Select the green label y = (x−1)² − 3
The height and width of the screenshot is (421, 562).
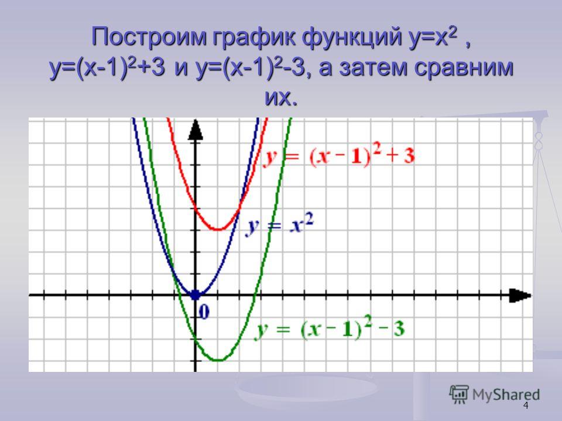(x=330, y=328)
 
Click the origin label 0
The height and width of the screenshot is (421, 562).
(x=204, y=312)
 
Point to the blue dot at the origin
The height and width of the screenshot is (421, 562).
(x=195, y=295)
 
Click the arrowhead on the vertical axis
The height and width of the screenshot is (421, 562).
(x=196, y=129)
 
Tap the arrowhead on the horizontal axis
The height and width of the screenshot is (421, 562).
(x=520, y=295)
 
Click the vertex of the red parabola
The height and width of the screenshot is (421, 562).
(x=217, y=229)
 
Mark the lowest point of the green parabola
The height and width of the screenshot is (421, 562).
(x=217, y=360)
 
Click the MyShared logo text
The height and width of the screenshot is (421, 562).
(x=506, y=395)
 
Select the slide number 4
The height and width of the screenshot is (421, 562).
(x=526, y=406)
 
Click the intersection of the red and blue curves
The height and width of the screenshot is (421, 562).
(x=239, y=209)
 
